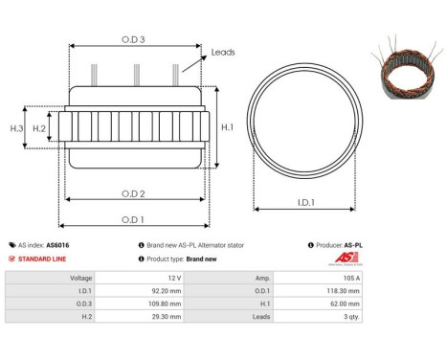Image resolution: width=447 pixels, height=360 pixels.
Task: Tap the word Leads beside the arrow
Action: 223,54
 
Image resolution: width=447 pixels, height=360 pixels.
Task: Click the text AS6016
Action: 57,245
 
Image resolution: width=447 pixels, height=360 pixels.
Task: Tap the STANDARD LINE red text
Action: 41,259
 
